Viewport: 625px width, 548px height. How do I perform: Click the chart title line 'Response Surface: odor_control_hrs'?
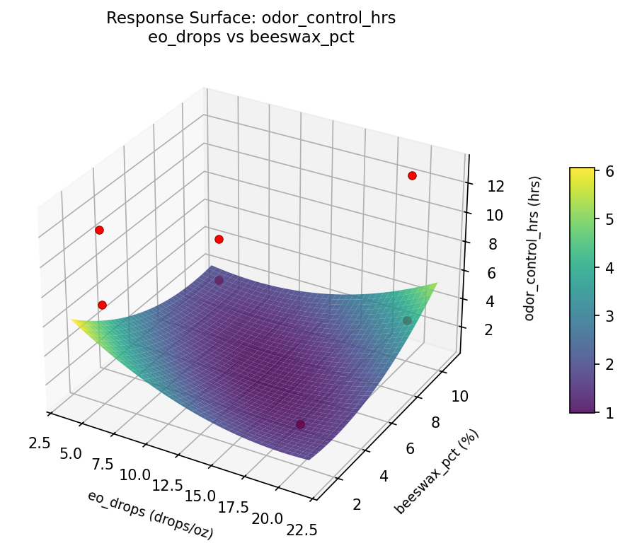coord(251,18)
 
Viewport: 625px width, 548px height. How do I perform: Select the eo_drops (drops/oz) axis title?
coord(150,515)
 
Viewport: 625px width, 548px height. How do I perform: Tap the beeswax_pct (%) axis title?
coord(437,471)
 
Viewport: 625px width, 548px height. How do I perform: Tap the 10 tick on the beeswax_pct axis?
coord(459,397)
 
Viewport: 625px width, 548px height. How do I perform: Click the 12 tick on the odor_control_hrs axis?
coord(495,187)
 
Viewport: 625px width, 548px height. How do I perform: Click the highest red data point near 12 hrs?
coord(412,175)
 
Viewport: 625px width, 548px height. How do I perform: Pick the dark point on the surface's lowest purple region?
coord(300,424)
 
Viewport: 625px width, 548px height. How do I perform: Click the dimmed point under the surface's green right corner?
coord(407,321)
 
